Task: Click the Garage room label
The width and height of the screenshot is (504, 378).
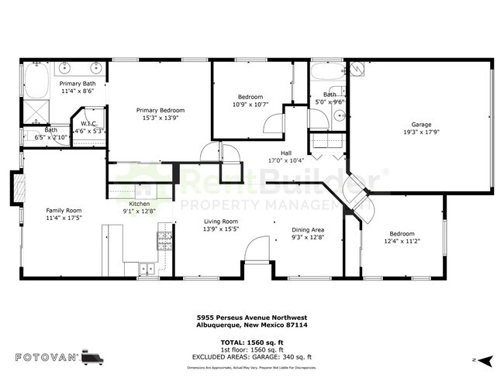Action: pyautogui.click(x=421, y=124)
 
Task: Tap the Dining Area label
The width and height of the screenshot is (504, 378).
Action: pyautogui.click(x=308, y=229)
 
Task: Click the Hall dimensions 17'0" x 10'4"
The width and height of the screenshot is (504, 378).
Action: pyautogui.click(x=286, y=160)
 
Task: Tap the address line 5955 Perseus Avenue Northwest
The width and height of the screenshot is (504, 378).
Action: pyautogui.click(x=252, y=316)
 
